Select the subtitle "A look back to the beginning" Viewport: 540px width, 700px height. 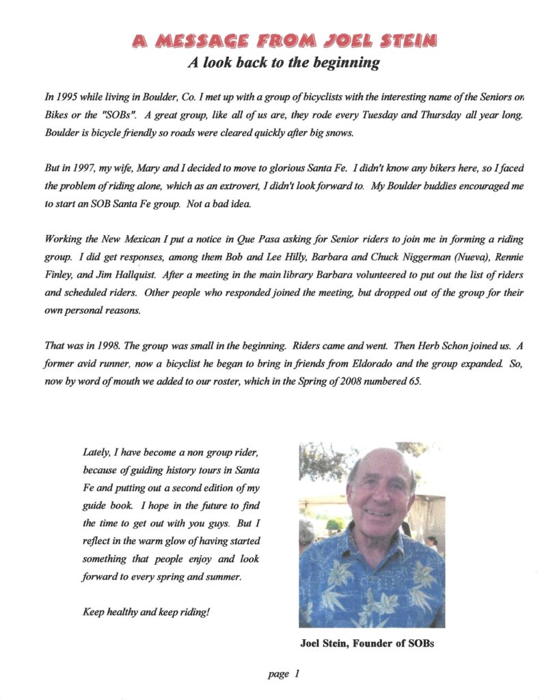(284, 63)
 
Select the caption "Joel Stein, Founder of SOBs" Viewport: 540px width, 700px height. (367, 643)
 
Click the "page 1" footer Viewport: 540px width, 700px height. (284, 674)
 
